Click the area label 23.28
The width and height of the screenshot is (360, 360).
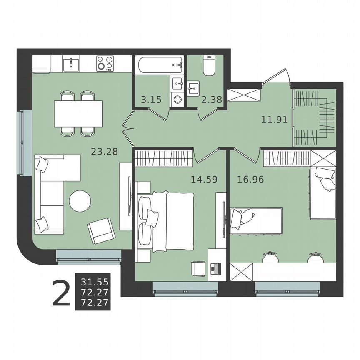104,151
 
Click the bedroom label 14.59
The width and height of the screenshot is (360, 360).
204,180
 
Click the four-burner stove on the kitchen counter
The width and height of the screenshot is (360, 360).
105,64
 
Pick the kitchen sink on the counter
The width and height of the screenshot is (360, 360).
72,64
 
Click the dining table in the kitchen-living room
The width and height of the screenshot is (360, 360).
78,114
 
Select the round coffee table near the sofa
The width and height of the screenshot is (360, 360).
80,201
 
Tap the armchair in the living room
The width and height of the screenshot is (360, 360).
100,230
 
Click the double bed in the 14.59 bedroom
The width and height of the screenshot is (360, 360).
171,221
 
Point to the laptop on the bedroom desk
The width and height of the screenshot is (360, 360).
215,268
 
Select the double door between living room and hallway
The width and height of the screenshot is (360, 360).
128,129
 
